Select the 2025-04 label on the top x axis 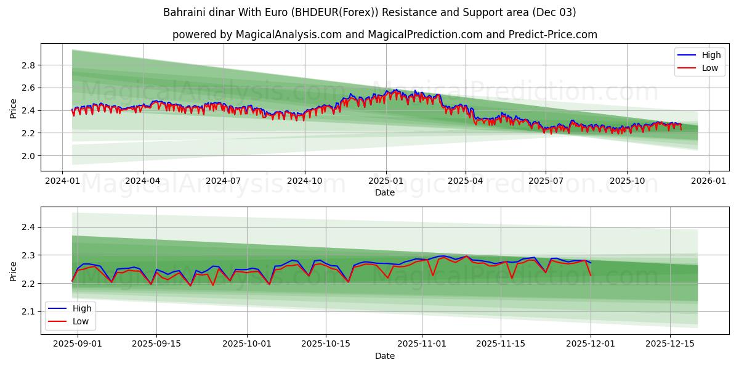click(x=465, y=181)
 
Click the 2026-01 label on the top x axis click(x=708, y=181)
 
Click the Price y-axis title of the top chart click(x=13, y=108)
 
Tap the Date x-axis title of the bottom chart click(x=385, y=356)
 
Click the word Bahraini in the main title click(x=182, y=12)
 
